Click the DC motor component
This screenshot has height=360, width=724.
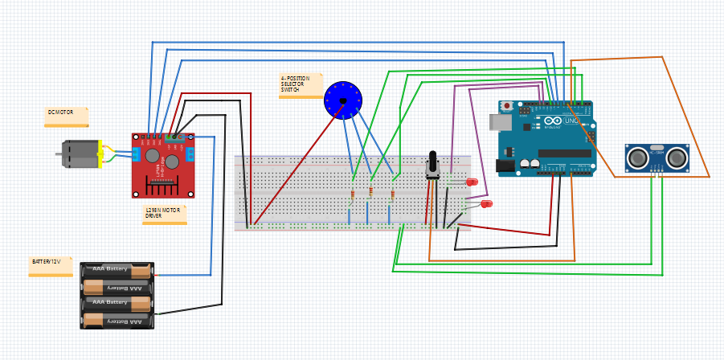80,153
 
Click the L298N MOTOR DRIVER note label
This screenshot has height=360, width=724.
164,213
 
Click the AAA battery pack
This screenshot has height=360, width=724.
117,295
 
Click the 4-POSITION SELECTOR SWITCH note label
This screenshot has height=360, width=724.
300,85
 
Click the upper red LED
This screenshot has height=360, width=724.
473,182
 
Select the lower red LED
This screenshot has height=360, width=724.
486,204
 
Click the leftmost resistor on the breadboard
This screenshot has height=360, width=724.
353,194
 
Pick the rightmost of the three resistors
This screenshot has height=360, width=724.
391,194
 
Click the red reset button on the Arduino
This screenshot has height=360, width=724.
507,106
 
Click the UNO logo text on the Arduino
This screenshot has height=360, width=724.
571,121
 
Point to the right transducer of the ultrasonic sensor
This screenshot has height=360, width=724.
677,157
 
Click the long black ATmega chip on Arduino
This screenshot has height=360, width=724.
564,153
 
